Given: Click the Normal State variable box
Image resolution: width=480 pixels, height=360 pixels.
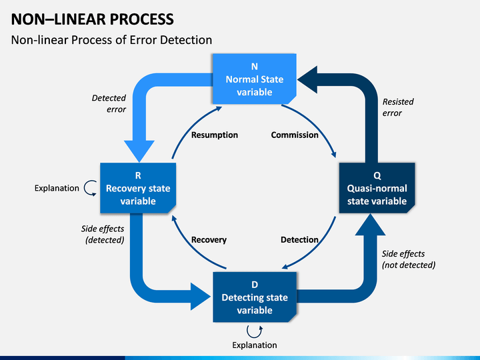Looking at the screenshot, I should point(254,79).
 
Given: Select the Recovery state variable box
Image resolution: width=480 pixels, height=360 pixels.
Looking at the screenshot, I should point(138,188).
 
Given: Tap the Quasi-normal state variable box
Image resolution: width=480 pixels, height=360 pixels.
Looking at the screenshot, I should point(377,189).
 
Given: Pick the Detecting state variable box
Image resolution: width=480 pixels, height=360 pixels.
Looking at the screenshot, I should point(254,297).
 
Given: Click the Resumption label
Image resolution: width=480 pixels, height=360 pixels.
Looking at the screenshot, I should point(214,135).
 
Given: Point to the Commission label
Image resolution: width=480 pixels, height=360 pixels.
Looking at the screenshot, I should point(294,135).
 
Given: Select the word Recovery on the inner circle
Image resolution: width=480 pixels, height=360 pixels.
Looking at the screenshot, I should point(209,239).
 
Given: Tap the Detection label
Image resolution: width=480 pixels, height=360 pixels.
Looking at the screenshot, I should point(299,239).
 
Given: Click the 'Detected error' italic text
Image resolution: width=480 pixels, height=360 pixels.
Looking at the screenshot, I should point(109,103).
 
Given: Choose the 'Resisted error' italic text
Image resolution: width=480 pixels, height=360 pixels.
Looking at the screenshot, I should point(398,107).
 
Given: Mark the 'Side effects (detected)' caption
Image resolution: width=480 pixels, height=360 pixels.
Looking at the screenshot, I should point(104,234).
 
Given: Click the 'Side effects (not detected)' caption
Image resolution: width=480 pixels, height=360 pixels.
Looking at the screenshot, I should point(408,259).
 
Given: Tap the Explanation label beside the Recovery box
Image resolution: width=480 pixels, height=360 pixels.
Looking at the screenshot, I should point(57,188).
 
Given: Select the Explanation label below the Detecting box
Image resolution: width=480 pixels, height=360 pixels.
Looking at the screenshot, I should point(254,345).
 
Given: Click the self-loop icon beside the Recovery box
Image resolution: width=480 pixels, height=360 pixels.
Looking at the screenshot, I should point(90,188).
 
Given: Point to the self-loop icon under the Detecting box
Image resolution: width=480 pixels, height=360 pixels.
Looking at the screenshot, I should point(254,330).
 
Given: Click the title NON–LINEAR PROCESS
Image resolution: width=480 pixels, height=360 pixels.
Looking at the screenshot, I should point(93,18).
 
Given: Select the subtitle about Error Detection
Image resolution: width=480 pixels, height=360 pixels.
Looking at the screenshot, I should point(111,40).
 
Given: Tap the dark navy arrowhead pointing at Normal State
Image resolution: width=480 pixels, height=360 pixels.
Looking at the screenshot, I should point(308,80).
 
